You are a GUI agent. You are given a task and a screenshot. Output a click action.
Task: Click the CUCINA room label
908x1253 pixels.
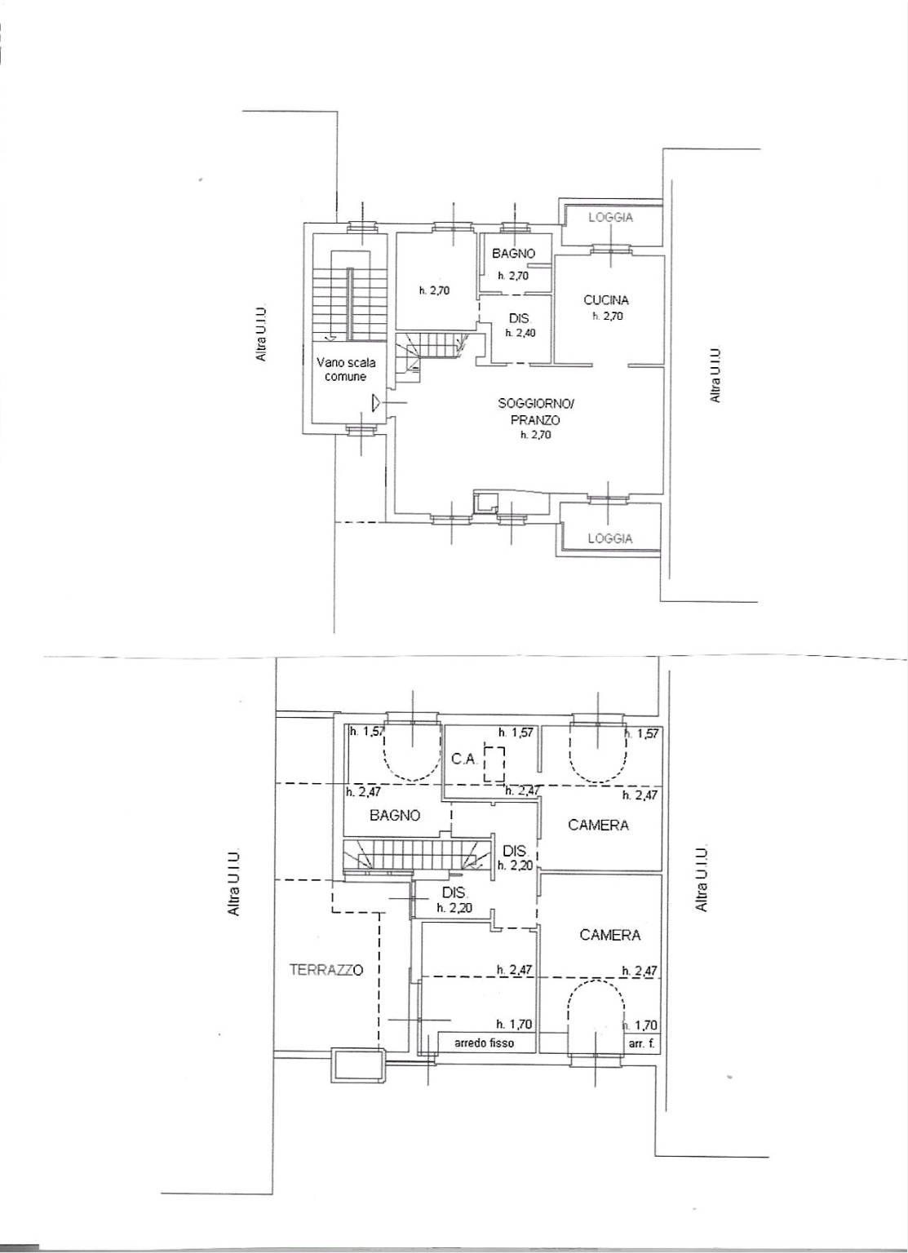tap(606, 300)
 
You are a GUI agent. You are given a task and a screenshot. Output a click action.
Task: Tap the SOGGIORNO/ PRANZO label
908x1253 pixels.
tap(536, 411)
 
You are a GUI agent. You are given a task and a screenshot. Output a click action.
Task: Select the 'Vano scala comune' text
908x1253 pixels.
tap(346, 370)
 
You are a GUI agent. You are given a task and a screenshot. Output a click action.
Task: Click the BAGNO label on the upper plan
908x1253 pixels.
tap(514, 254)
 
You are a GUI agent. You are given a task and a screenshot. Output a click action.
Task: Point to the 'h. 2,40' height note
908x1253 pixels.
tap(520, 333)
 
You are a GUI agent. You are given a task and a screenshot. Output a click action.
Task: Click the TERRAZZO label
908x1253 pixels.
tap(326, 970)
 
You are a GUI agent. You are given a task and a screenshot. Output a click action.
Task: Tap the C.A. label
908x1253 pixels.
tap(463, 759)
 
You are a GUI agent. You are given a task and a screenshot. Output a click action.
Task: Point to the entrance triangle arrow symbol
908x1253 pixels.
tap(377, 402)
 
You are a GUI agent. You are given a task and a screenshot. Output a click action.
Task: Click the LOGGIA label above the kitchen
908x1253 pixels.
tap(610, 218)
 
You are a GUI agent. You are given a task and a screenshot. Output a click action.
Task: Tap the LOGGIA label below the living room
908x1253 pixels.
tap(610, 538)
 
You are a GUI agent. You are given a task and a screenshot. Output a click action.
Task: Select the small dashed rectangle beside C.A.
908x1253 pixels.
tap(494, 764)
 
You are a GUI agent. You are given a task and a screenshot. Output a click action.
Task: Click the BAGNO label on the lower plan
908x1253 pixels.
tap(395, 816)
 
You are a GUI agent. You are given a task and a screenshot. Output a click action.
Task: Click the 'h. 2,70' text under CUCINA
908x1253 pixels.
tap(608, 316)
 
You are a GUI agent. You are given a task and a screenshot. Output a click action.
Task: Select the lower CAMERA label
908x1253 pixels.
tap(609, 935)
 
